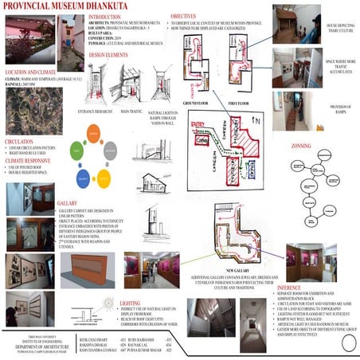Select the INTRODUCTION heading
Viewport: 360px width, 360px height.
click(109, 17)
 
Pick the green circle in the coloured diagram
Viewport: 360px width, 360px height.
click(76, 148)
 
